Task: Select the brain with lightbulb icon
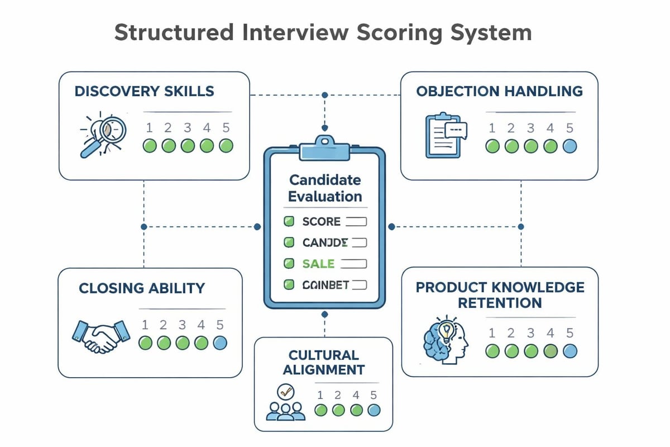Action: point(444,340)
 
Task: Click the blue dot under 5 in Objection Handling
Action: point(569,146)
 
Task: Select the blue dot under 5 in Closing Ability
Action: point(220,343)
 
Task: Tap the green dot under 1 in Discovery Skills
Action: point(149,146)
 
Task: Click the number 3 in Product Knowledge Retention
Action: point(530,334)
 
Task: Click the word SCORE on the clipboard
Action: point(321,222)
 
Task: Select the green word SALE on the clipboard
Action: point(318,263)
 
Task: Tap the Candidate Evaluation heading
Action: point(326,188)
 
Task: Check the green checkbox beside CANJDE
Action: point(289,242)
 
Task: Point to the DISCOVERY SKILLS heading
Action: point(144,91)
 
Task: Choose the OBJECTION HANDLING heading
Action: point(499,91)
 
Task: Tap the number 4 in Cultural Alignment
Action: point(356,395)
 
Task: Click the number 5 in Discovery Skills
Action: point(226,128)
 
